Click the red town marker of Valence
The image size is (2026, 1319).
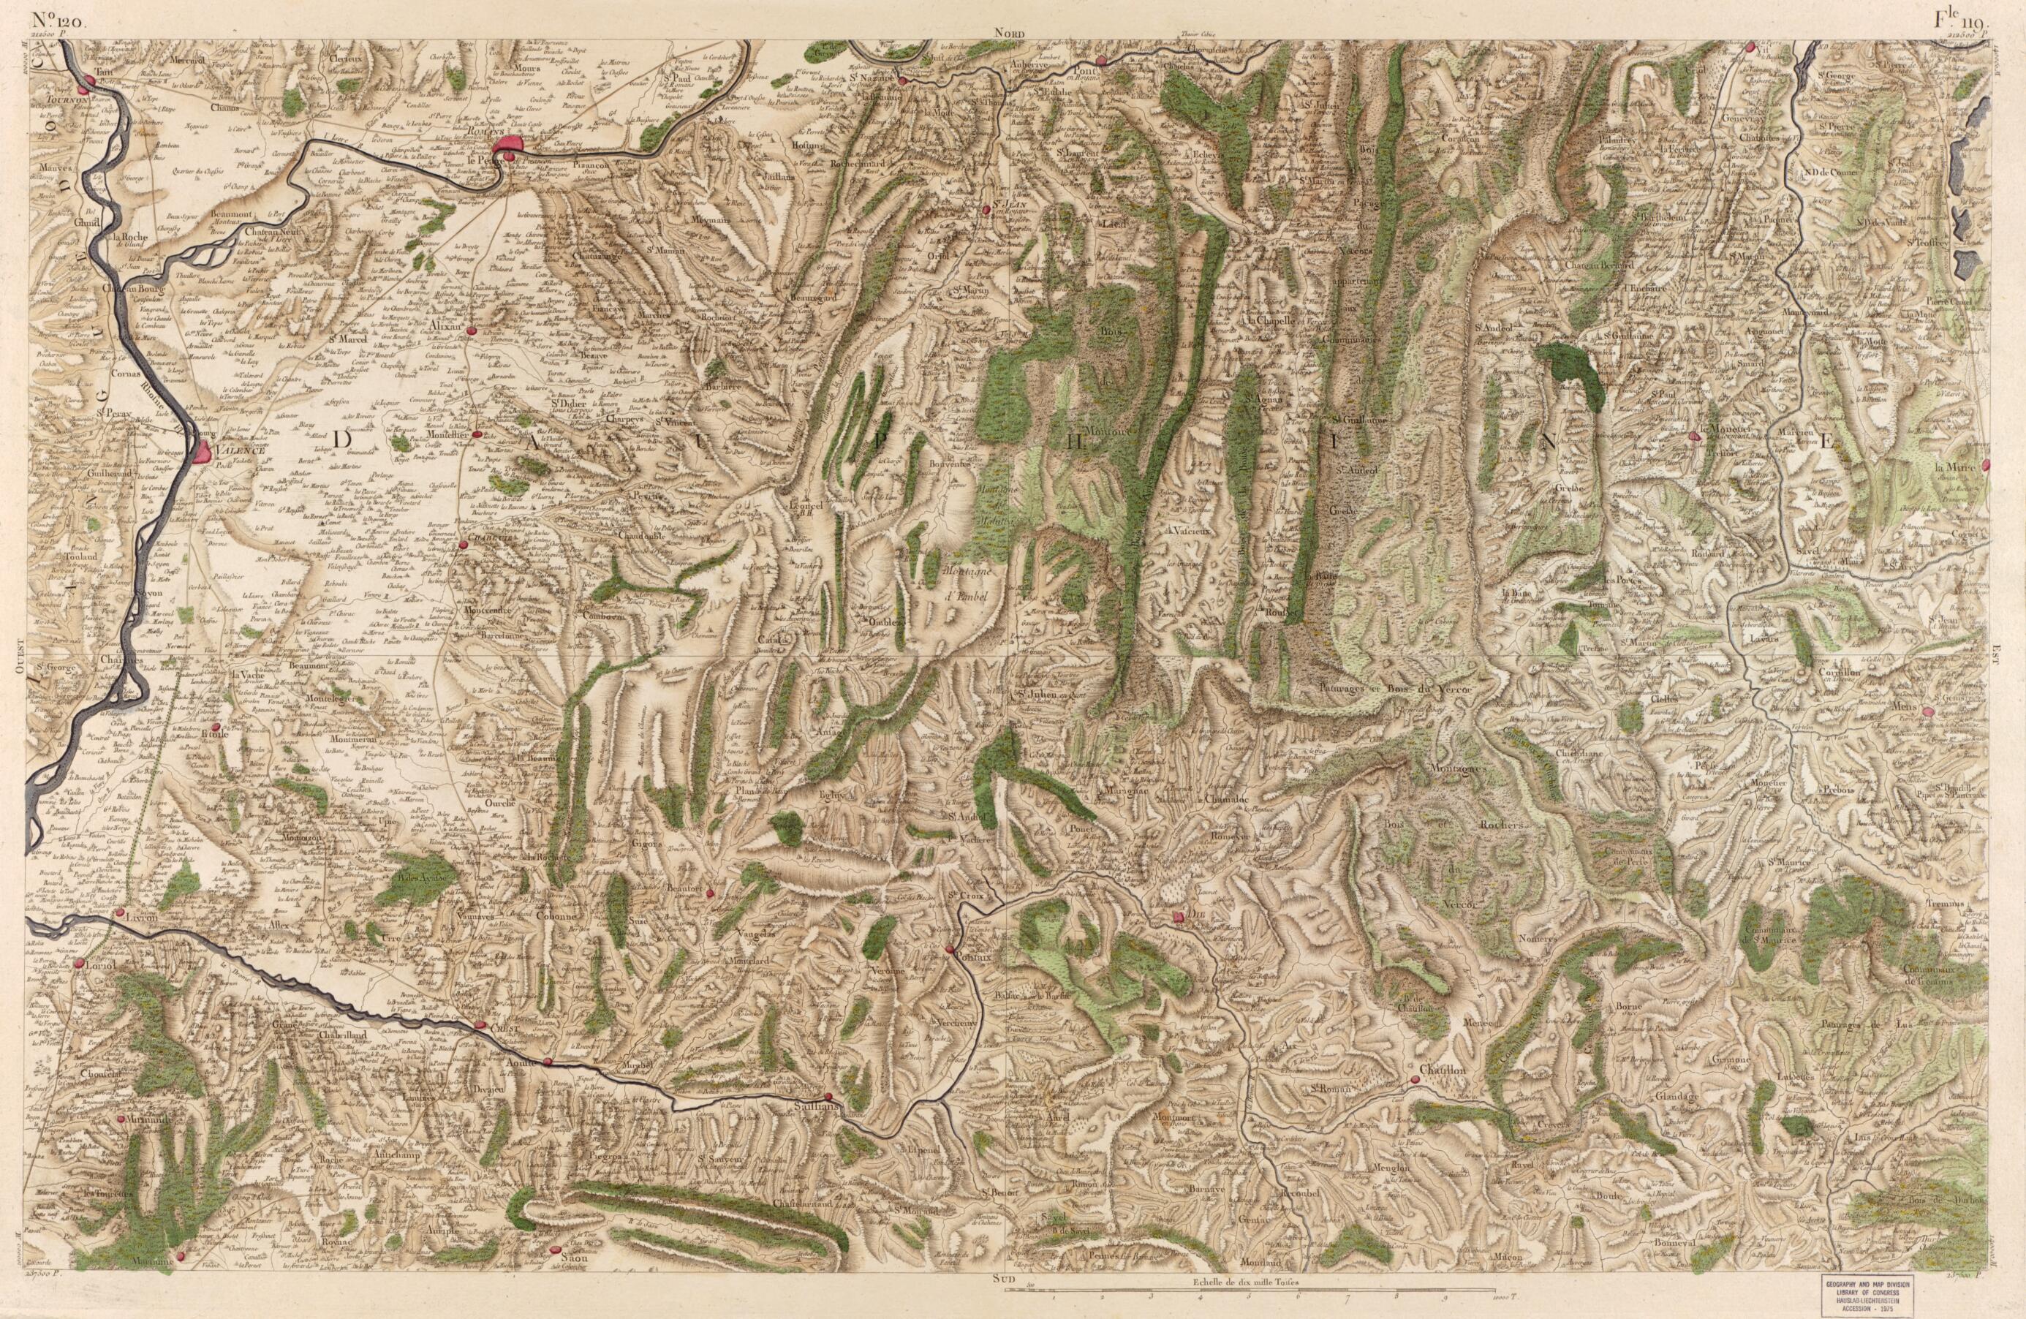point(202,451)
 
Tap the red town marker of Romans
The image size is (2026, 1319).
point(507,146)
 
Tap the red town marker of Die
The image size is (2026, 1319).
point(1178,917)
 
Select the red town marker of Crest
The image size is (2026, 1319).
point(481,1026)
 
